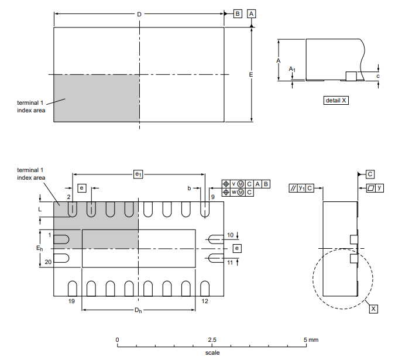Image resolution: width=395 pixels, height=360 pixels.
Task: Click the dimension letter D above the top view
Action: [x=139, y=13]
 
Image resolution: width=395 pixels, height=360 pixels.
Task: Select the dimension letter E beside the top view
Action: [x=250, y=75]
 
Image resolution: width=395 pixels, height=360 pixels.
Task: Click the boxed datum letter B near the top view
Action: [x=238, y=13]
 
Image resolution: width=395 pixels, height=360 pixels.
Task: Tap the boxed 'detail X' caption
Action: [x=336, y=100]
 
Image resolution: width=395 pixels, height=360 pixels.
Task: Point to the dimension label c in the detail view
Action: [x=378, y=76]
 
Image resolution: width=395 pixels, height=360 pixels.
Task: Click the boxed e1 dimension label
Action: [x=138, y=174]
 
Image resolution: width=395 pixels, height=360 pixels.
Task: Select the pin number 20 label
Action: [x=49, y=263]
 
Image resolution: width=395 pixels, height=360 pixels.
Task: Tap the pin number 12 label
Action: [x=205, y=301]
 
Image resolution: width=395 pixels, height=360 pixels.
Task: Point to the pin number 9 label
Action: [x=213, y=197]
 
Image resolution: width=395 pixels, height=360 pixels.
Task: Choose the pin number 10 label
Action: [x=230, y=235]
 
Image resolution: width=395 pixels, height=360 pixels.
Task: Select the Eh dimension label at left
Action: [x=40, y=248]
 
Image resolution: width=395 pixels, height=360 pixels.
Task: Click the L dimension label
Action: [x=40, y=208]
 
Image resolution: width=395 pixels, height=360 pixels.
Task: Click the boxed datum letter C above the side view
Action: [x=370, y=174]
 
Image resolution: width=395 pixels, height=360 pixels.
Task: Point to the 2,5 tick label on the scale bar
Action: [x=212, y=340]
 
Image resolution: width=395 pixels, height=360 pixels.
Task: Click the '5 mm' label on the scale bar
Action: [x=311, y=340]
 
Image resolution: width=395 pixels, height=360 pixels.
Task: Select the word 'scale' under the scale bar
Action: [x=212, y=352]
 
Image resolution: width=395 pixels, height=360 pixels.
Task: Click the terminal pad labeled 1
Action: [x=61, y=239]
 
